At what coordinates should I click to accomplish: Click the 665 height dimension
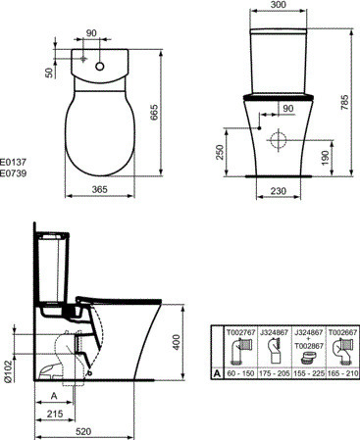tap(154, 112)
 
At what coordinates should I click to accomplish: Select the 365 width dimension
tap(100, 189)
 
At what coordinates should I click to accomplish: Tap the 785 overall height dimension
tap(344, 102)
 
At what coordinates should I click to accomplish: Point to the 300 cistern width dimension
tap(279, 4)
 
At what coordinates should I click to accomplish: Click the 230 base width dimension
tap(279, 190)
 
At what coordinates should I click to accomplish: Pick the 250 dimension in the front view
tap(220, 152)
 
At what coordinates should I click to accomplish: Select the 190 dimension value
tap(325, 158)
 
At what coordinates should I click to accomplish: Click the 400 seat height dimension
tap(177, 342)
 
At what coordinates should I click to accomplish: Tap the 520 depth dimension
tap(83, 431)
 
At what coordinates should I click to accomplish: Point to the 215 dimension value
tap(55, 414)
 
